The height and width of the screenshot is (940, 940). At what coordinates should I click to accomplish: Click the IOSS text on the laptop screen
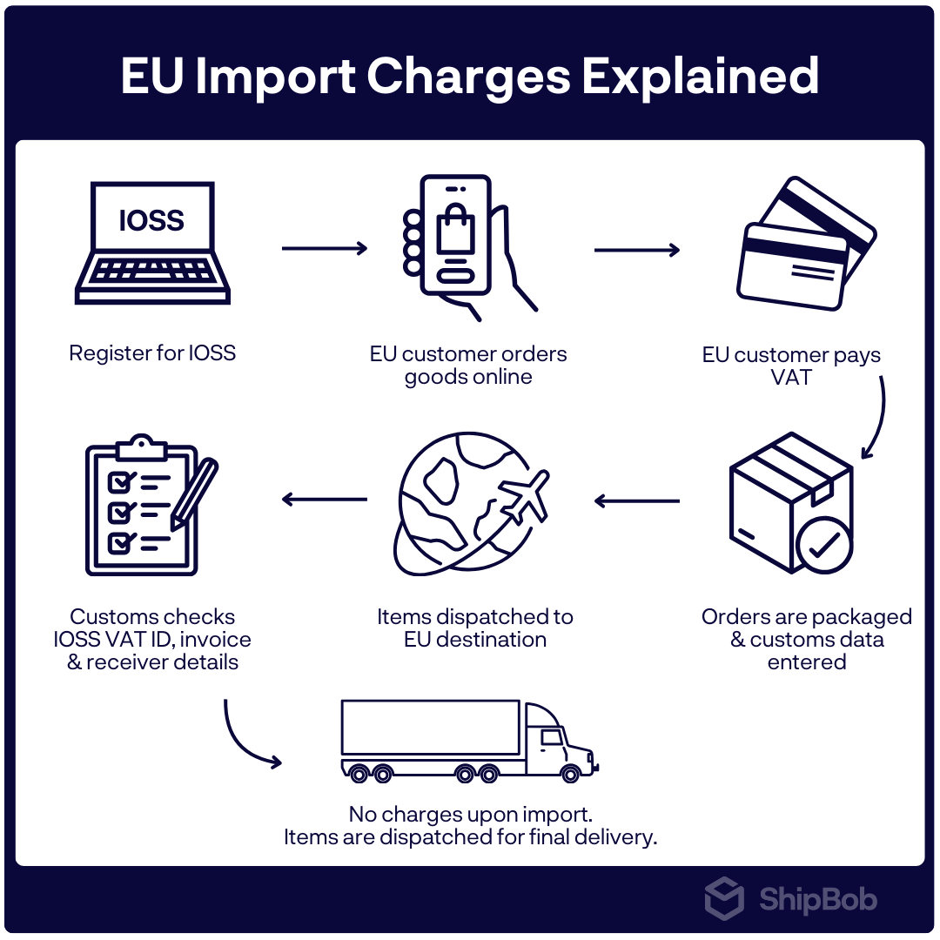151,220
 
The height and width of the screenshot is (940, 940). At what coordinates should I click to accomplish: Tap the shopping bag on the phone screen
455,230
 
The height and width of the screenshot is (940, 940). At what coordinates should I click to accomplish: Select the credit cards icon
805,245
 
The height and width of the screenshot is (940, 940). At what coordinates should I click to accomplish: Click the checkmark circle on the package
823,545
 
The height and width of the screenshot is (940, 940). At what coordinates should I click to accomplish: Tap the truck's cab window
552,738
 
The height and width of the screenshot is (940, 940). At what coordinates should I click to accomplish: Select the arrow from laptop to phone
325,249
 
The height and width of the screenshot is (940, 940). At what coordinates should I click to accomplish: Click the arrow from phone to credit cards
636,251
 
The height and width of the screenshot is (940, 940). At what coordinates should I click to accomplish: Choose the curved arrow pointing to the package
877,418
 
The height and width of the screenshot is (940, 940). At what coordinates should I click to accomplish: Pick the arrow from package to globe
636,501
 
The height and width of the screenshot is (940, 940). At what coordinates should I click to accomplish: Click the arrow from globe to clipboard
325,500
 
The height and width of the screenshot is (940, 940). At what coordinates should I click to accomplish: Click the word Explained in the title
701,77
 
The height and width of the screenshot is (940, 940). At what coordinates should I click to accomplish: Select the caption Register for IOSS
152,353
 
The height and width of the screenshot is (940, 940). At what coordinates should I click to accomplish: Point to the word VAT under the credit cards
791,378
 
